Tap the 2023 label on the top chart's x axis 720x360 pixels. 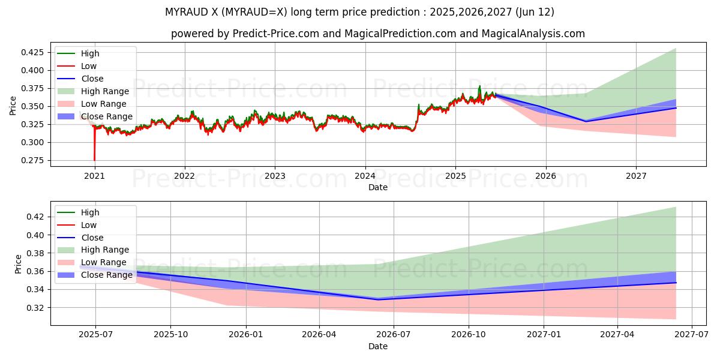pyautogui.click(x=275, y=176)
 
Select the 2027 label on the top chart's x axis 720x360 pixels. pyautogui.click(x=636, y=176)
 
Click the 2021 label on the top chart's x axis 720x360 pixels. pyautogui.click(x=94, y=176)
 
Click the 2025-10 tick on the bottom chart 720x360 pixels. pyautogui.click(x=170, y=335)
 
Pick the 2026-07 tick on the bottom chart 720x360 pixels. pyautogui.click(x=394, y=335)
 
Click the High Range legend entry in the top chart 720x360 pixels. pyautogui.click(x=104, y=91)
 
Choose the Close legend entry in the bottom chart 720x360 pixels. pyautogui.click(x=92, y=238)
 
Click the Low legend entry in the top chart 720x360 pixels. pyautogui.click(x=89, y=66)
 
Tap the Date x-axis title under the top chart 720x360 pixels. pyautogui.click(x=377, y=187)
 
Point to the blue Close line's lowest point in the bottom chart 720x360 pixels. pyautogui.click(x=377, y=299)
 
